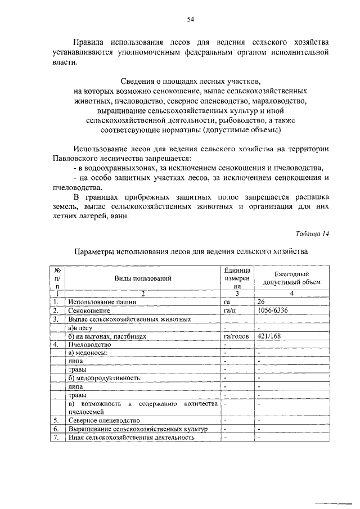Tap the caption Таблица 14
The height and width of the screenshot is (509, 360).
[x=312, y=234]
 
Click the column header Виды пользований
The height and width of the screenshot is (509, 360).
[x=142, y=278]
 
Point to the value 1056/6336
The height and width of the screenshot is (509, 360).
[x=272, y=310]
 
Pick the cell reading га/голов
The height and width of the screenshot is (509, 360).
[x=236, y=336]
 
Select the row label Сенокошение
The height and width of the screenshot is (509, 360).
[x=89, y=310]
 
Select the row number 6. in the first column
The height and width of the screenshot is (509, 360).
[x=56, y=429]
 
